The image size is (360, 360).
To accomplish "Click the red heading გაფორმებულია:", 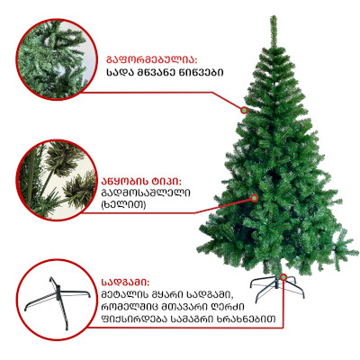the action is click(151, 59).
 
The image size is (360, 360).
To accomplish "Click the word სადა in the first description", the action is click(118, 73).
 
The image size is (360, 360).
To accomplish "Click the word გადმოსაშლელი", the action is click(146, 193).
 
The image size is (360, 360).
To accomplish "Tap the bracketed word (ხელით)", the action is click(124, 204).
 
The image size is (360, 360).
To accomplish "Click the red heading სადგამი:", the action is click(125, 283).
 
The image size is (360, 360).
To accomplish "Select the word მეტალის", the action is click(123, 294).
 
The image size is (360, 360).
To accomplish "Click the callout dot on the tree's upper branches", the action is click(245, 110).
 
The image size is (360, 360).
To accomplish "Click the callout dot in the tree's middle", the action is click(254, 198).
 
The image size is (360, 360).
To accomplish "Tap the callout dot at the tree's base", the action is click(283, 277).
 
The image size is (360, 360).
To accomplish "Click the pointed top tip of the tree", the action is click(273, 16).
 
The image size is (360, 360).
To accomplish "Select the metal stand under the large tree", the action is click(276, 287).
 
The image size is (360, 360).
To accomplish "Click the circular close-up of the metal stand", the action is click(57, 300).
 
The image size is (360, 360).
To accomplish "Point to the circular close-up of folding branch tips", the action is click(57, 180).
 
